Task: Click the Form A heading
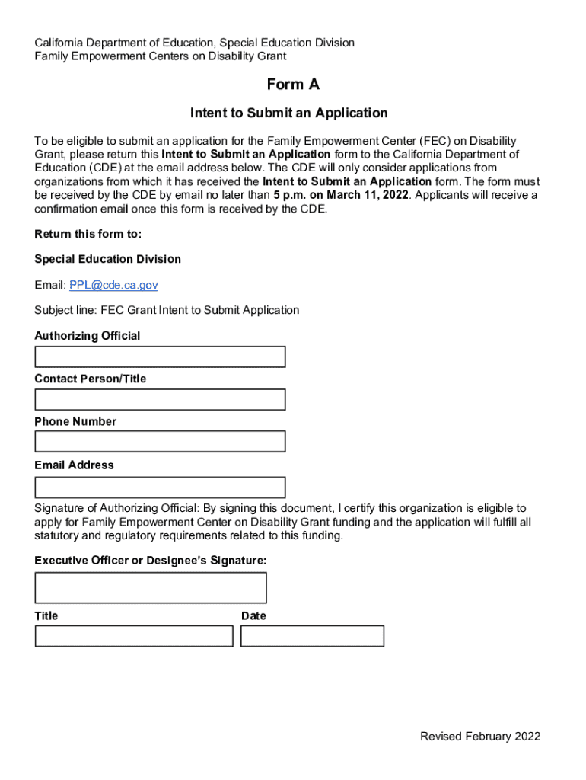(293, 85)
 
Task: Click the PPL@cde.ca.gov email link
(113, 285)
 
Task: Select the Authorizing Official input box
(160, 356)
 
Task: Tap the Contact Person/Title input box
(160, 400)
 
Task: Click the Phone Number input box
(160, 442)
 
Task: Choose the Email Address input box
(160, 487)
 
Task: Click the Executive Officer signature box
(151, 587)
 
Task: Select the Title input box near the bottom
(134, 636)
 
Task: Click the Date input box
(312, 636)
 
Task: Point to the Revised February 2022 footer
(480, 736)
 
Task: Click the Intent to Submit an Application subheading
(289, 113)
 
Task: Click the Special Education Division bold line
(108, 259)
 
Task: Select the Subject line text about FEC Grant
(167, 310)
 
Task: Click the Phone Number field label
(75, 421)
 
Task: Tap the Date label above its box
(253, 615)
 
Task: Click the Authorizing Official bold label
(88, 336)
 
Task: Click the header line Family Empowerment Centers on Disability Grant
(161, 56)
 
